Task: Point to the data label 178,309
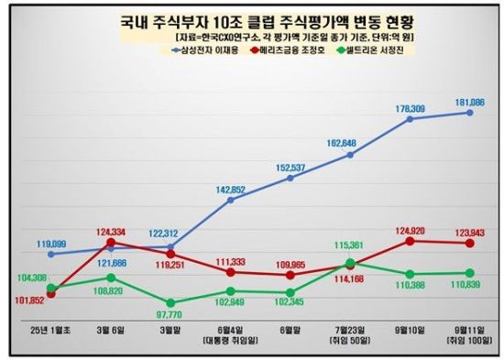coord(410,108)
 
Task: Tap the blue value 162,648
coord(348,143)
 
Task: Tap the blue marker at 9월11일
coord(469,113)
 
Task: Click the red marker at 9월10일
coord(410,241)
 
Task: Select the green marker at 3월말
coord(170,302)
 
